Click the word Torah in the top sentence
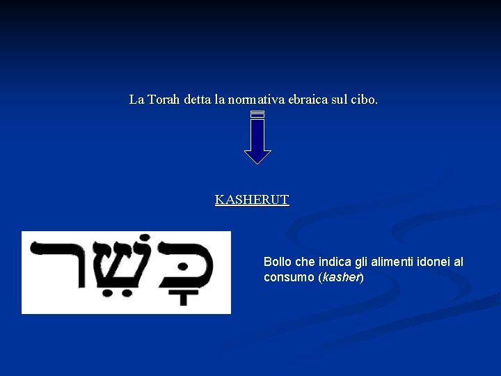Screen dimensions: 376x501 coord(163,100)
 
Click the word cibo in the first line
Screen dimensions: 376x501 coord(365,100)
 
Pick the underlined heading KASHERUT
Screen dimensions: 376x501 coord(252,200)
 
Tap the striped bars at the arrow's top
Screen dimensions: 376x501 coord(257,113)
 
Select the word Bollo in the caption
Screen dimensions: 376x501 coord(278,263)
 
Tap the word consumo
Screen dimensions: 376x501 coord(289,277)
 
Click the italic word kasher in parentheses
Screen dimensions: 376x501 coord(340,277)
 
